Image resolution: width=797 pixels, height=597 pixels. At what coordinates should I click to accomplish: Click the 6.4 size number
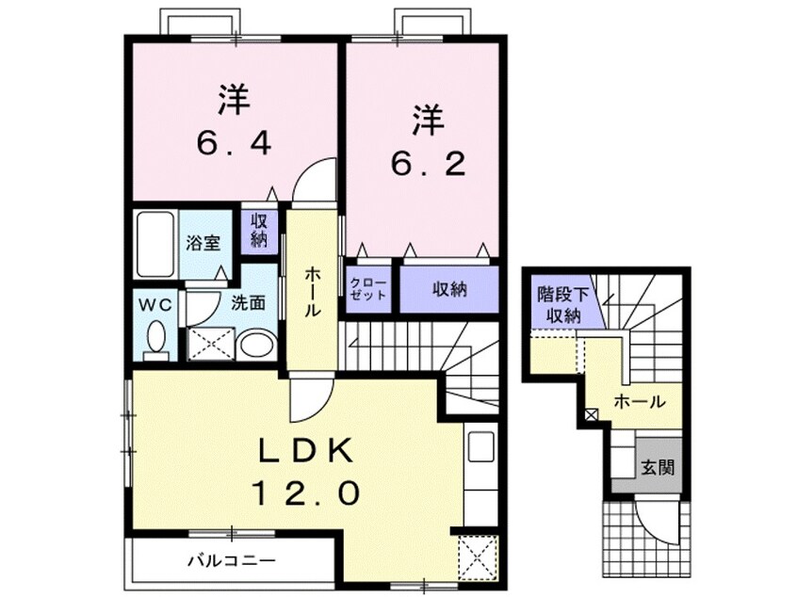[235, 144]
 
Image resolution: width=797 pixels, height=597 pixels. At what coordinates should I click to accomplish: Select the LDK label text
[307, 453]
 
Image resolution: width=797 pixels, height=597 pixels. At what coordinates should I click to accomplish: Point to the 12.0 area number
[307, 492]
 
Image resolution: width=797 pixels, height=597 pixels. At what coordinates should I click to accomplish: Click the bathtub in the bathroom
[153, 245]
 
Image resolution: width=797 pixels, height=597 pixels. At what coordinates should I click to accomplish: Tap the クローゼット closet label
[368, 289]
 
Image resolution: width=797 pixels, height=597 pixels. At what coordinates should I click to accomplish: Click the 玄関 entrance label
[659, 467]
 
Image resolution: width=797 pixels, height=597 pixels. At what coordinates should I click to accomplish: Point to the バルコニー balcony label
[230, 561]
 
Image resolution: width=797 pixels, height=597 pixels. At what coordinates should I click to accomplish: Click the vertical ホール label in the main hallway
[312, 290]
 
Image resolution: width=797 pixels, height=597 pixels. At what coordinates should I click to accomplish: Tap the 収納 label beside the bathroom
[259, 231]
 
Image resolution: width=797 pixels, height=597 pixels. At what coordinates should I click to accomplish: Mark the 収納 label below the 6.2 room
[449, 289]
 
